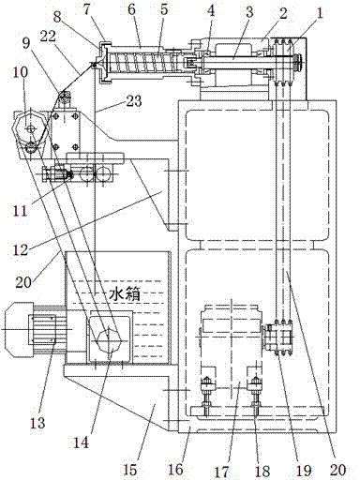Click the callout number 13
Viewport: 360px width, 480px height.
point(37,423)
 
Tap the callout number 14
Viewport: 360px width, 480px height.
point(81,442)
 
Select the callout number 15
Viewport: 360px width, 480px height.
point(129,469)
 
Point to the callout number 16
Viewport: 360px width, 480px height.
point(175,469)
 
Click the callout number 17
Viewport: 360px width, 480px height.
point(220,472)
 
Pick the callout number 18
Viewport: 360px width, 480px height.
point(262,471)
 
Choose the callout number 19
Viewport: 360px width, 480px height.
point(304,471)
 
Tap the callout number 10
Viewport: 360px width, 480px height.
point(20,72)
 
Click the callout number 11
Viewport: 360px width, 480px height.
point(20,210)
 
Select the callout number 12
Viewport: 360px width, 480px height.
point(21,249)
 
